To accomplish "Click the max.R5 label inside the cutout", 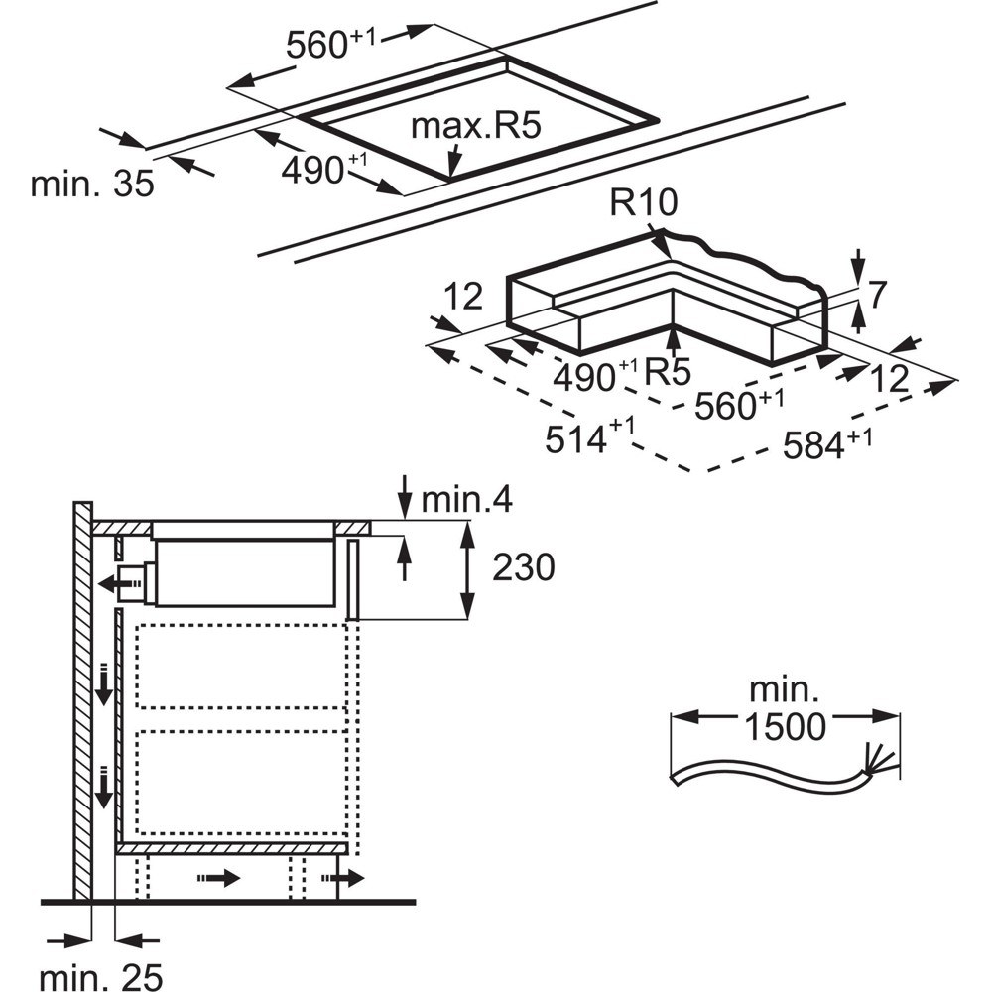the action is [x=476, y=125].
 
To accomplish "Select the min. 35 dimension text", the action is [x=92, y=184].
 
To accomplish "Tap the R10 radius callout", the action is [x=644, y=202].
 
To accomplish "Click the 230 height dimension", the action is [x=523, y=566].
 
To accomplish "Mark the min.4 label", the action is [x=466, y=499].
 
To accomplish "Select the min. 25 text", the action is [x=101, y=977].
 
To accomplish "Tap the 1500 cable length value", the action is [x=785, y=726].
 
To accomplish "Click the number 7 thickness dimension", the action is [x=876, y=295].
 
